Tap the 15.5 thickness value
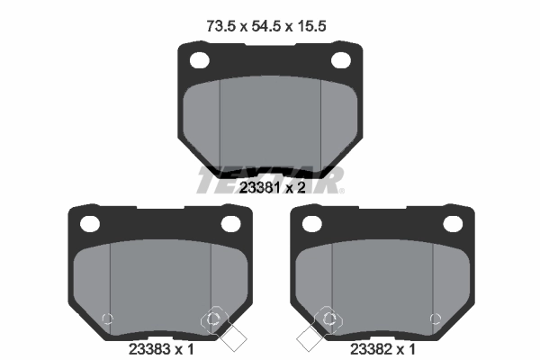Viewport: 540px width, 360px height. (x=310, y=26)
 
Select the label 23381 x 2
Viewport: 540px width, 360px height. (x=271, y=188)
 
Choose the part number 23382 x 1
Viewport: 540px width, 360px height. (x=381, y=347)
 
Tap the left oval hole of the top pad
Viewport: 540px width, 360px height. (x=198, y=60)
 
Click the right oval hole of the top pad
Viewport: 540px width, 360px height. (x=341, y=60)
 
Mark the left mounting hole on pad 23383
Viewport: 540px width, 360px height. (x=88, y=222)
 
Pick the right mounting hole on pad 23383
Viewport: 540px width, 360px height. (x=231, y=222)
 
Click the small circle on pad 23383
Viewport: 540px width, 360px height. (x=107, y=318)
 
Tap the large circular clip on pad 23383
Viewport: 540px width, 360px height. (x=214, y=319)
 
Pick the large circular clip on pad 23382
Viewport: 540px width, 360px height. (x=328, y=319)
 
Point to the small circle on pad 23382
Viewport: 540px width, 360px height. (x=436, y=318)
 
